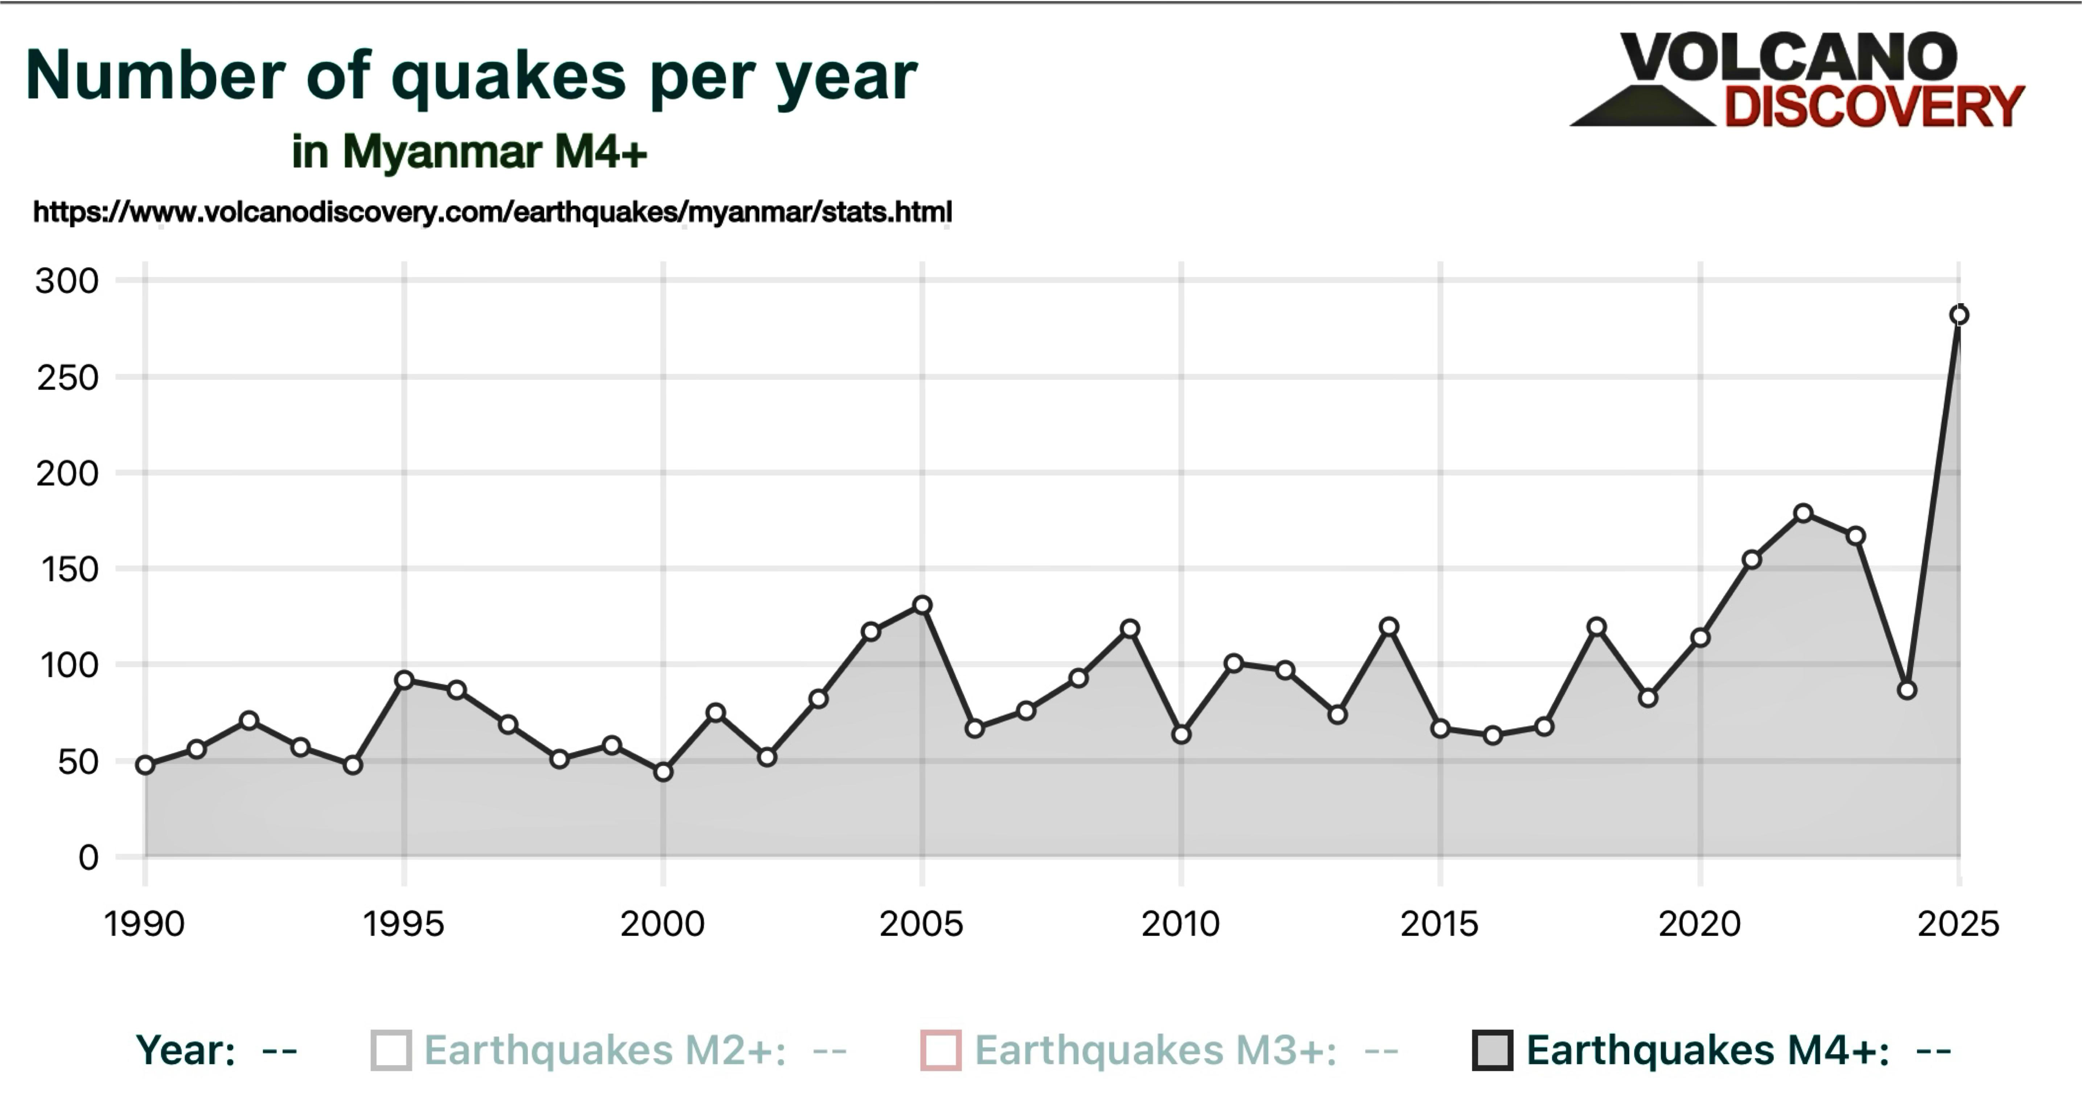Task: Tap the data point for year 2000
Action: (663, 772)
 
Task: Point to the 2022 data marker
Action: (1803, 513)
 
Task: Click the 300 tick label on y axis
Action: (67, 281)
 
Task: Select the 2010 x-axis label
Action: (1180, 924)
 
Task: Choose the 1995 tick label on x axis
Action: (403, 924)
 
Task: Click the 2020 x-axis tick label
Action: (1699, 924)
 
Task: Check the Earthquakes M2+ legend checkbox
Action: (391, 1050)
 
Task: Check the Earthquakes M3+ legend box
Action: (941, 1050)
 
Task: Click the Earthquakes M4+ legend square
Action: (1492, 1050)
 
